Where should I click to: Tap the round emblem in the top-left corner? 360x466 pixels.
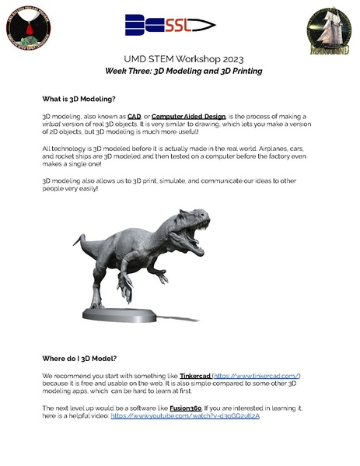26,29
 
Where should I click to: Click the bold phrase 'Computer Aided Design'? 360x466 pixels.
186,115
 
